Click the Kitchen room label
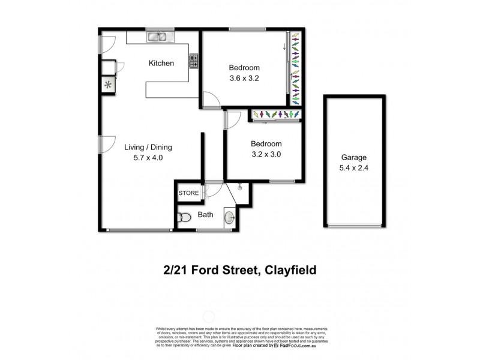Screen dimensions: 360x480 tap(161, 63)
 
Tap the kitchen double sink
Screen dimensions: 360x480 tap(158, 37)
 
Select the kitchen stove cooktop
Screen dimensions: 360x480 tap(194, 61)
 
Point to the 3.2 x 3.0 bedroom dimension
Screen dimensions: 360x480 tap(266, 154)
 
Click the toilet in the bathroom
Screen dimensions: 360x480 tap(185, 217)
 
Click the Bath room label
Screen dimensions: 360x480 tap(206, 214)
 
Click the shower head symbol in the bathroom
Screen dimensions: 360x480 tap(240, 187)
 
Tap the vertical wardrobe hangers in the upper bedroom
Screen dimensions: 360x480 tap(295, 66)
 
